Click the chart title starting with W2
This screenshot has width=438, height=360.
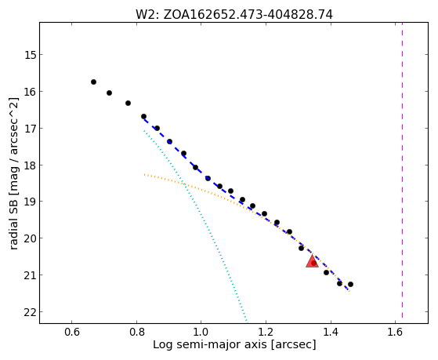pyautogui.click(x=234, y=15)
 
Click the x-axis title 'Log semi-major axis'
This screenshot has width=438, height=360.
pyautogui.click(x=210, y=344)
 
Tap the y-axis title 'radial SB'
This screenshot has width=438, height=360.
pyautogui.click(x=13, y=218)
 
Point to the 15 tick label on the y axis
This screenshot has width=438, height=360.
pyautogui.click(x=31, y=55)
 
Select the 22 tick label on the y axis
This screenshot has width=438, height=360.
pyautogui.click(x=31, y=312)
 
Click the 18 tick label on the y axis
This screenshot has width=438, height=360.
pyautogui.click(x=31, y=165)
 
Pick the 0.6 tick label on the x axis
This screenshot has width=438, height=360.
pyautogui.click(x=72, y=332)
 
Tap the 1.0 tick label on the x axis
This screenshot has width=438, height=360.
pyautogui.click(x=201, y=332)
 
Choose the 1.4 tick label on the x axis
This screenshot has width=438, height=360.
pyautogui.click(x=331, y=332)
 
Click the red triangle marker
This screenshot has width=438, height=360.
pyautogui.click(x=312, y=262)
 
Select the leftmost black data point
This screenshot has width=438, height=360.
pyautogui.click(x=93, y=82)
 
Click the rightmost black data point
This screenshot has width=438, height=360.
pyautogui.click(x=350, y=284)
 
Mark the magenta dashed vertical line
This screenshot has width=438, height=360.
pyautogui.click(x=402, y=170)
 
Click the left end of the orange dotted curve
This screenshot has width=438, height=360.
pyautogui.click(x=144, y=175)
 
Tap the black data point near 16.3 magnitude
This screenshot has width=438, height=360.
pyautogui.click(x=128, y=104)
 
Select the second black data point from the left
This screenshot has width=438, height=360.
pyautogui.click(x=109, y=93)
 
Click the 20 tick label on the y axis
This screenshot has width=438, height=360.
pyautogui.click(x=31, y=238)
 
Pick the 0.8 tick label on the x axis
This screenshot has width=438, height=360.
pyautogui.click(x=136, y=332)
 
